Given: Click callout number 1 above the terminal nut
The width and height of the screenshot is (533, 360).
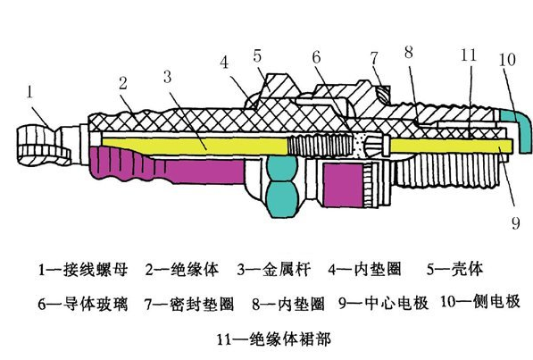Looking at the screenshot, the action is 30,92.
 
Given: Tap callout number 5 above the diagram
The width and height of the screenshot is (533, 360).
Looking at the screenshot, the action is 257,56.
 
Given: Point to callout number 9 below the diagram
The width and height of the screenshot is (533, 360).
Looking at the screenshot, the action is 516,223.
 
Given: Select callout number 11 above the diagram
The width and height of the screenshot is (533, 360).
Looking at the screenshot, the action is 469,54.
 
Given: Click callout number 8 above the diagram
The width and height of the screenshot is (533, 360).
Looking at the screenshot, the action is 409,52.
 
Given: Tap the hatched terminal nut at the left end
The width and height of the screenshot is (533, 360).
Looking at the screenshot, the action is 44,146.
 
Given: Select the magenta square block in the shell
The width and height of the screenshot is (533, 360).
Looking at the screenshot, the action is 343,185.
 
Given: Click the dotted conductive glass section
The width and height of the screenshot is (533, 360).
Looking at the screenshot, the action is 358,146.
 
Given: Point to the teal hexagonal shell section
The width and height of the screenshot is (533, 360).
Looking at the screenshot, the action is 282,187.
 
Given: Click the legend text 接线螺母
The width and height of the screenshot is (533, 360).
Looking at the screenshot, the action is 96,270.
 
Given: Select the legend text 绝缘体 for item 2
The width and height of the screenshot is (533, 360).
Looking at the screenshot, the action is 195,270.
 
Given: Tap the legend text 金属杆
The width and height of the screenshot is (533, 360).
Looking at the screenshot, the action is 287,270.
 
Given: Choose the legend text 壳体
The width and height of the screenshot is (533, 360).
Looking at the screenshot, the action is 466,269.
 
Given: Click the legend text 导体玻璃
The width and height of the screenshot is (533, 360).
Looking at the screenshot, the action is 96,303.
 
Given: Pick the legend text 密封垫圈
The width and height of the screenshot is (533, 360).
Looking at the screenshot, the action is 202,303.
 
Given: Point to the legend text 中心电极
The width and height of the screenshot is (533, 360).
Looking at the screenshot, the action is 396,303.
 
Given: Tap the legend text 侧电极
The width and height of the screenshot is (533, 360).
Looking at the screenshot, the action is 496,301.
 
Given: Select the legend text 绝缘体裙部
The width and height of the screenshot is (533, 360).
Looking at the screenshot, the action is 290,339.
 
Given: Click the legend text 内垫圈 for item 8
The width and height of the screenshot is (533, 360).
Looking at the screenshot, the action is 301,303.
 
